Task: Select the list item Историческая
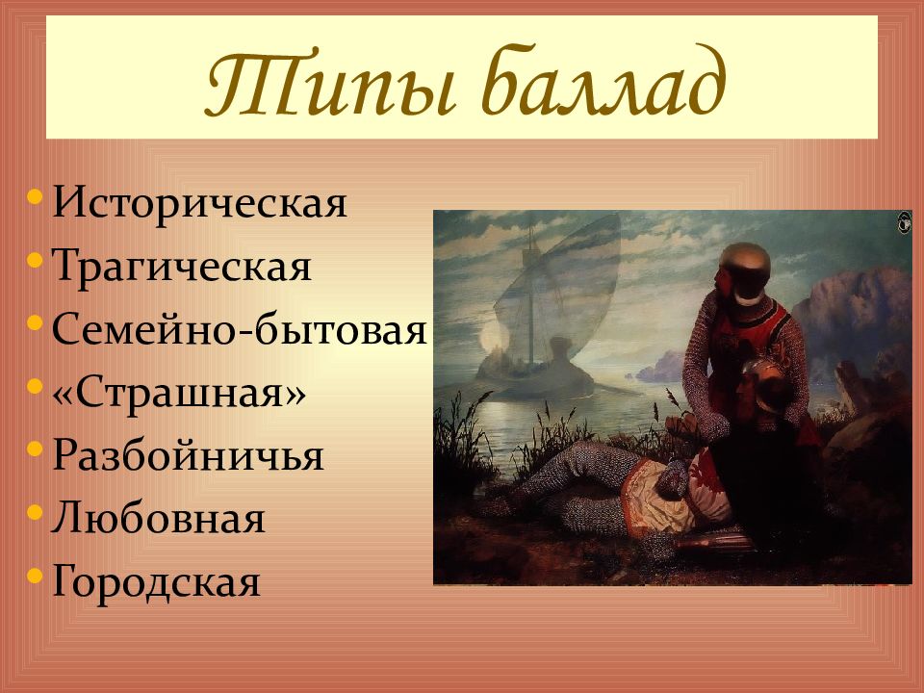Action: (x=200, y=203)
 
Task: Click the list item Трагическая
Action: (x=182, y=267)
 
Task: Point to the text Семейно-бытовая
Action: (x=240, y=329)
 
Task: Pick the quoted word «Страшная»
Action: (x=179, y=393)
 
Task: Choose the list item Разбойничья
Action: (x=188, y=455)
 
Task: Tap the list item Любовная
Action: (x=158, y=519)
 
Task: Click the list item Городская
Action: (x=156, y=582)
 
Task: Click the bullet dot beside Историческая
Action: (x=35, y=196)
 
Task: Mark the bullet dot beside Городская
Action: (x=35, y=576)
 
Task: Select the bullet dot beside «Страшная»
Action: (x=35, y=386)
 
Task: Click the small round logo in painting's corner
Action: (x=904, y=222)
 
